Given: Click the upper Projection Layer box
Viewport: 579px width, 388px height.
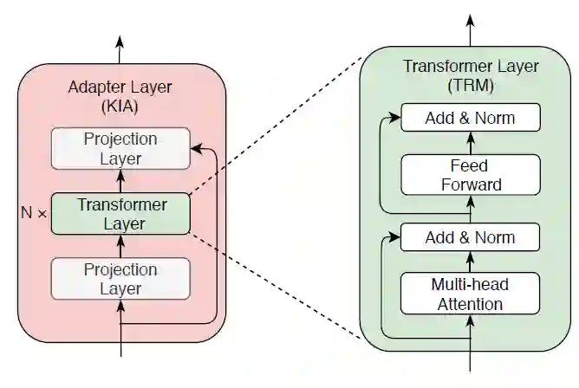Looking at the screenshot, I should point(120,148).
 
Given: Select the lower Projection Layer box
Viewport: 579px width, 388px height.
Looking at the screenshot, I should point(120,278).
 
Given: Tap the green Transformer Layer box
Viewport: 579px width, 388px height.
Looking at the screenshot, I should point(120,213).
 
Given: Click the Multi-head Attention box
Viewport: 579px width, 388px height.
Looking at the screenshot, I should point(470,294).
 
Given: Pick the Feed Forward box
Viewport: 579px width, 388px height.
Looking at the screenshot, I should point(470,174).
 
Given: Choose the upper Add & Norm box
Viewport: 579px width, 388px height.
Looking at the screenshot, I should point(470,118).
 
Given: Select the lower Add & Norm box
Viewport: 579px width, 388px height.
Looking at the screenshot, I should point(470,237).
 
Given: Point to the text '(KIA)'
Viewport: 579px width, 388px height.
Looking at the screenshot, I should point(120,107).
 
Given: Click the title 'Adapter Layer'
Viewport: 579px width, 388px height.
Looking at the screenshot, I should point(120,88).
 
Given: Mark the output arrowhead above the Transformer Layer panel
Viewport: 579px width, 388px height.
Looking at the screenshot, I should point(471,18).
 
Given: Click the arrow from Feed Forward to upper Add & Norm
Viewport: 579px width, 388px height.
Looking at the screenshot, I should point(471,143).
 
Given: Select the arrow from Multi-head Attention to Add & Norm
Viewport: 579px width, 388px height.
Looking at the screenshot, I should point(471,262).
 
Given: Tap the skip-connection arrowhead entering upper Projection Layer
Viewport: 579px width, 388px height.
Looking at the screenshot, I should point(195,148).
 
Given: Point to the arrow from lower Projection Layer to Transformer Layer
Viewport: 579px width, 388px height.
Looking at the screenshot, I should point(120,246).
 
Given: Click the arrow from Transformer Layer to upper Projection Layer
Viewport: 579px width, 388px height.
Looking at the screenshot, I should point(120,181).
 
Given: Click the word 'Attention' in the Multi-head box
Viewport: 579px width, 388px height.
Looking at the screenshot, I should point(470,304).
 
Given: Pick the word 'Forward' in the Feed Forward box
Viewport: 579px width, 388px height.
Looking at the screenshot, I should point(470,184).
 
